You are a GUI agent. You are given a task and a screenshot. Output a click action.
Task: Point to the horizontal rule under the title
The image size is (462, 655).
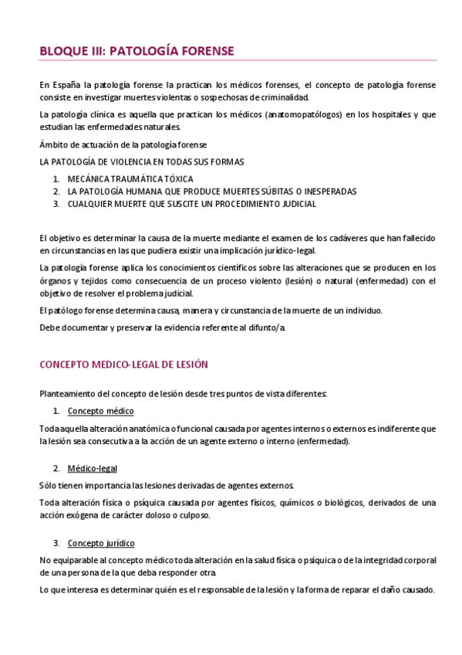click(238, 61)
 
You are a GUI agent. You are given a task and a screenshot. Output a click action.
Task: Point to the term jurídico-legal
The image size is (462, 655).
click(287, 250)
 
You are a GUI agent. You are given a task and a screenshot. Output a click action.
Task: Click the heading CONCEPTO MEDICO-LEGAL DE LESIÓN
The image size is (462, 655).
click(123, 365)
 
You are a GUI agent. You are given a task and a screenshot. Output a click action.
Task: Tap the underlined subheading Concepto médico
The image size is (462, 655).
click(101, 411)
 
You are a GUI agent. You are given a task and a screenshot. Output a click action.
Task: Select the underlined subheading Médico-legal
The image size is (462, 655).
click(93, 469)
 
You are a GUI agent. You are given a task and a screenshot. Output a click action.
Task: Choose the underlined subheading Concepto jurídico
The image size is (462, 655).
click(101, 543)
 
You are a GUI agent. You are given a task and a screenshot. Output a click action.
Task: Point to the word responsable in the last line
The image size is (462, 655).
click(248, 589)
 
